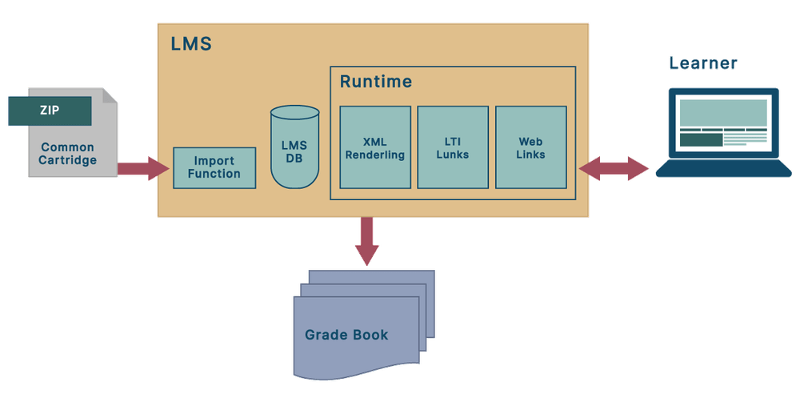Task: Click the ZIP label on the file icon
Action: (x=49, y=111)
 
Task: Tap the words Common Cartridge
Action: (x=67, y=154)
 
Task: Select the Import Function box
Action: (x=214, y=168)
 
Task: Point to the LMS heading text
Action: (x=191, y=43)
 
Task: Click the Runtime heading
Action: (x=376, y=82)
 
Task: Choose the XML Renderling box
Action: (x=375, y=147)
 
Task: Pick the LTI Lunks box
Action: (x=453, y=147)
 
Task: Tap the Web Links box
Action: (x=531, y=147)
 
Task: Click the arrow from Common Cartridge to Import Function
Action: (x=143, y=168)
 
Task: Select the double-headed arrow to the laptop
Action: (x=614, y=168)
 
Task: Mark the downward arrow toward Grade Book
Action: (x=367, y=240)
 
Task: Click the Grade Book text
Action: (x=346, y=334)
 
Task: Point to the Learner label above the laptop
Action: (x=703, y=63)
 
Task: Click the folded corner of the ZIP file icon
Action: (x=110, y=96)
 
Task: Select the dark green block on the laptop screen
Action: (x=700, y=140)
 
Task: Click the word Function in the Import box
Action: (x=214, y=175)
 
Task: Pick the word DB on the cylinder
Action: (x=294, y=159)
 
